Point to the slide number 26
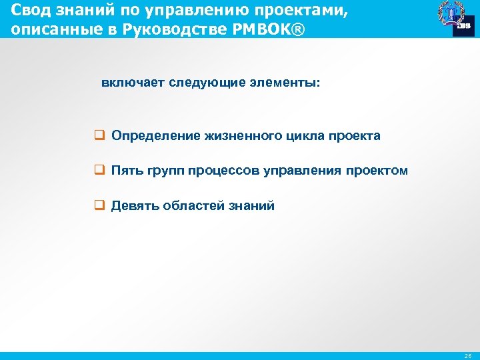click(466, 356)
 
